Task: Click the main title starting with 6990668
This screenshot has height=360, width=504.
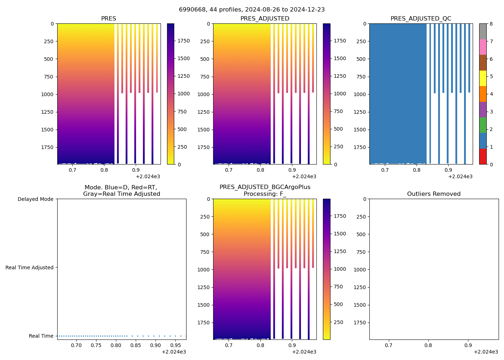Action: click(x=252, y=10)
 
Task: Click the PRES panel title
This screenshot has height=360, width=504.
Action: click(x=108, y=19)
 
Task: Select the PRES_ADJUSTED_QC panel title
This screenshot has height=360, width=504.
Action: click(x=420, y=19)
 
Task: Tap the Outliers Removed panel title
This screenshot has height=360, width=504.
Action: click(x=433, y=194)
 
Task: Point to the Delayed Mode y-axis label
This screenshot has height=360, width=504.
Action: click(x=35, y=199)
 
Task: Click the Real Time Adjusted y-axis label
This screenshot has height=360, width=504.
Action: click(x=29, y=267)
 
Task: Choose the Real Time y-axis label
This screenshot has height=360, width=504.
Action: click(x=41, y=336)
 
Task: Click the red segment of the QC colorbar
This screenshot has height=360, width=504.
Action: click(x=482, y=157)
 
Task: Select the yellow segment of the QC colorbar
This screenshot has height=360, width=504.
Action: click(x=482, y=78)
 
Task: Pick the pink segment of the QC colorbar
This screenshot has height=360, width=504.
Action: click(x=482, y=47)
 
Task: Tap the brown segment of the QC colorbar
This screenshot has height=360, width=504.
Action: click(x=482, y=63)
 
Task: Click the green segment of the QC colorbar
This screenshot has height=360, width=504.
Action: click(x=482, y=125)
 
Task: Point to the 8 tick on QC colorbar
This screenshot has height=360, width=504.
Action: click(x=491, y=24)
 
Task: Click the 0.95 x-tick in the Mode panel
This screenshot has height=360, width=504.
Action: click(x=175, y=346)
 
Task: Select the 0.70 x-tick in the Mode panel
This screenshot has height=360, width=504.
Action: click(x=76, y=346)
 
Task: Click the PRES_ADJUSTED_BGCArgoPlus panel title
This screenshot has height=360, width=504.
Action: click(x=265, y=190)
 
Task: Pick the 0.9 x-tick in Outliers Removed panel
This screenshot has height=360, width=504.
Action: click(x=468, y=346)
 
